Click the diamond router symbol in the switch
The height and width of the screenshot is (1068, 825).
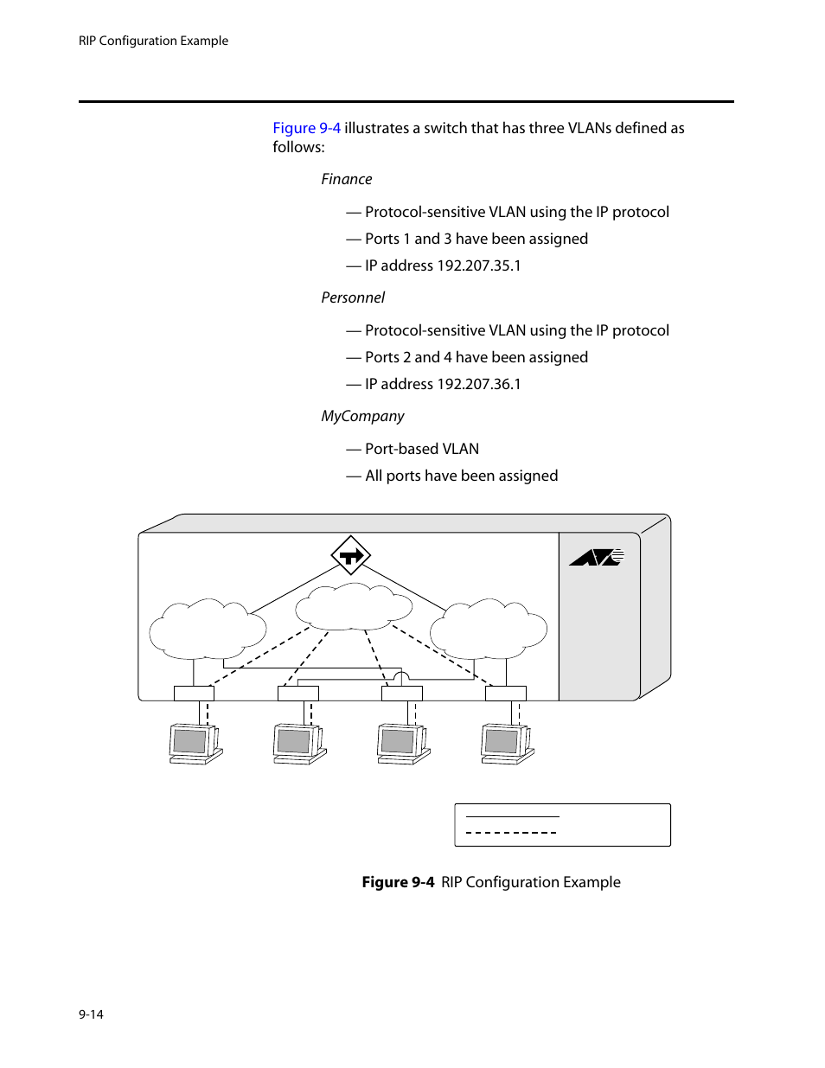pyautogui.click(x=350, y=555)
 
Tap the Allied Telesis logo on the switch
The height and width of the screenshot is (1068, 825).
pyautogui.click(x=597, y=558)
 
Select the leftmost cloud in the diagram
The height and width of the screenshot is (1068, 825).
pyautogui.click(x=208, y=629)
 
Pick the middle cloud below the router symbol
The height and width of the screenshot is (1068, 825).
pyautogui.click(x=353, y=606)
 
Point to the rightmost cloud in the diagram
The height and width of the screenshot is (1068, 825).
pyautogui.click(x=489, y=629)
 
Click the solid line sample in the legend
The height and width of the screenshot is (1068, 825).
pyautogui.click(x=512, y=816)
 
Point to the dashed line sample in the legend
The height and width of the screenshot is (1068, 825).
pyautogui.click(x=511, y=833)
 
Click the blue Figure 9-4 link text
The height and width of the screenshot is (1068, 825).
pyautogui.click(x=306, y=128)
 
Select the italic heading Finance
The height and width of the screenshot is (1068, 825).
pyautogui.click(x=346, y=179)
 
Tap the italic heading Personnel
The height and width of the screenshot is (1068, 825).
pyautogui.click(x=353, y=297)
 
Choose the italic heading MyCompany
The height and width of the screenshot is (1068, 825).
pyautogui.click(x=362, y=416)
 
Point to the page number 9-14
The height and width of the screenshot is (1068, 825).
pyautogui.click(x=91, y=1014)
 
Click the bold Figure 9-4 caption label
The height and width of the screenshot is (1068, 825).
pyautogui.click(x=398, y=882)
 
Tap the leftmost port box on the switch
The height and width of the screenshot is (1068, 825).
pyautogui.click(x=194, y=693)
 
